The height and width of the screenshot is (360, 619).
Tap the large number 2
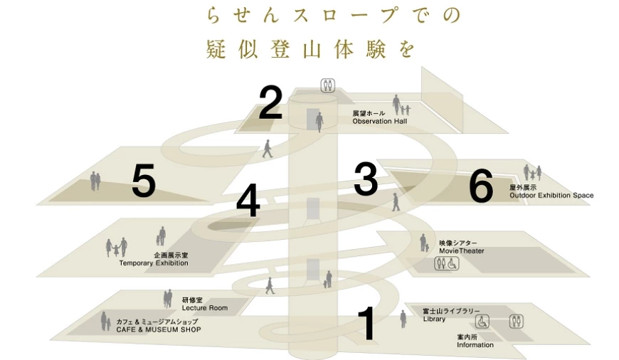point(270,102)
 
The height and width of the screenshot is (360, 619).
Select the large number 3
point(366,179)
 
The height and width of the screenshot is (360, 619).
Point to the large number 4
point(248,201)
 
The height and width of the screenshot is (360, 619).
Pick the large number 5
point(144,181)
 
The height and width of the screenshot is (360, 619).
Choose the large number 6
point(481,186)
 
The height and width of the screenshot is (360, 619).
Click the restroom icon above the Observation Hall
point(328,85)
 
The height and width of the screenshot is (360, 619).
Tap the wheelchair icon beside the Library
point(482,322)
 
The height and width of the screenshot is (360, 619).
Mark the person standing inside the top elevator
point(319,122)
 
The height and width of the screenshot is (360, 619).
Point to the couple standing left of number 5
point(95,181)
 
